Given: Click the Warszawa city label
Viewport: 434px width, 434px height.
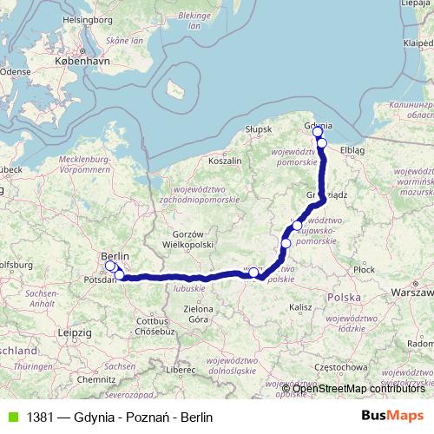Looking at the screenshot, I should pos(412,293).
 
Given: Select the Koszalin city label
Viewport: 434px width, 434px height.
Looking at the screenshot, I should pos(225,161).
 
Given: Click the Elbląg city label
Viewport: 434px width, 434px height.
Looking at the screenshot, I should pos(353,149).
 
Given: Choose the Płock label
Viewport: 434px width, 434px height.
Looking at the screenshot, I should pos(365,270).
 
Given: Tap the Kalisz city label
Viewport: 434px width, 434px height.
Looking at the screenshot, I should pos(302,307).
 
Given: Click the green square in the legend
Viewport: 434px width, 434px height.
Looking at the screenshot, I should pos(10,417).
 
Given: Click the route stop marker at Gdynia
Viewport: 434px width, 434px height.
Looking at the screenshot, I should pos(318,132).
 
